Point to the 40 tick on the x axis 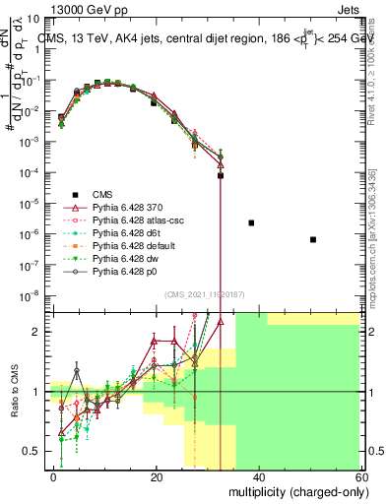click(259, 476)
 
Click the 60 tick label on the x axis click(360, 476)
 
